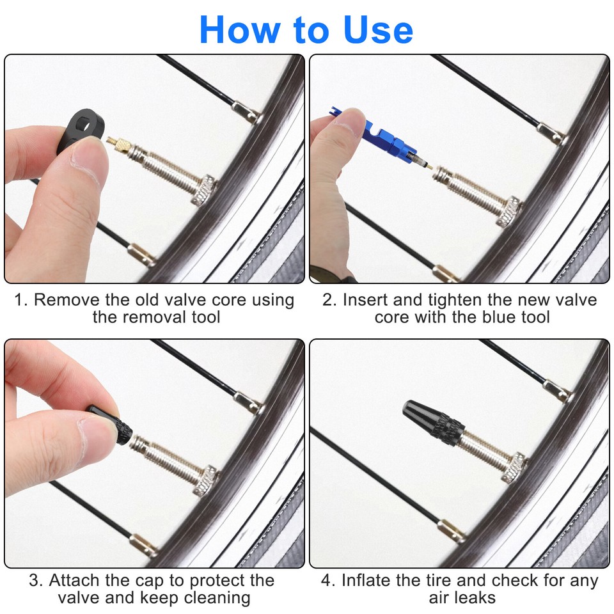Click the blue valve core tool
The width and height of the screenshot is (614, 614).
[x=377, y=135]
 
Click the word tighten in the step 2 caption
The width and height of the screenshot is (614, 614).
[x=459, y=300]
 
